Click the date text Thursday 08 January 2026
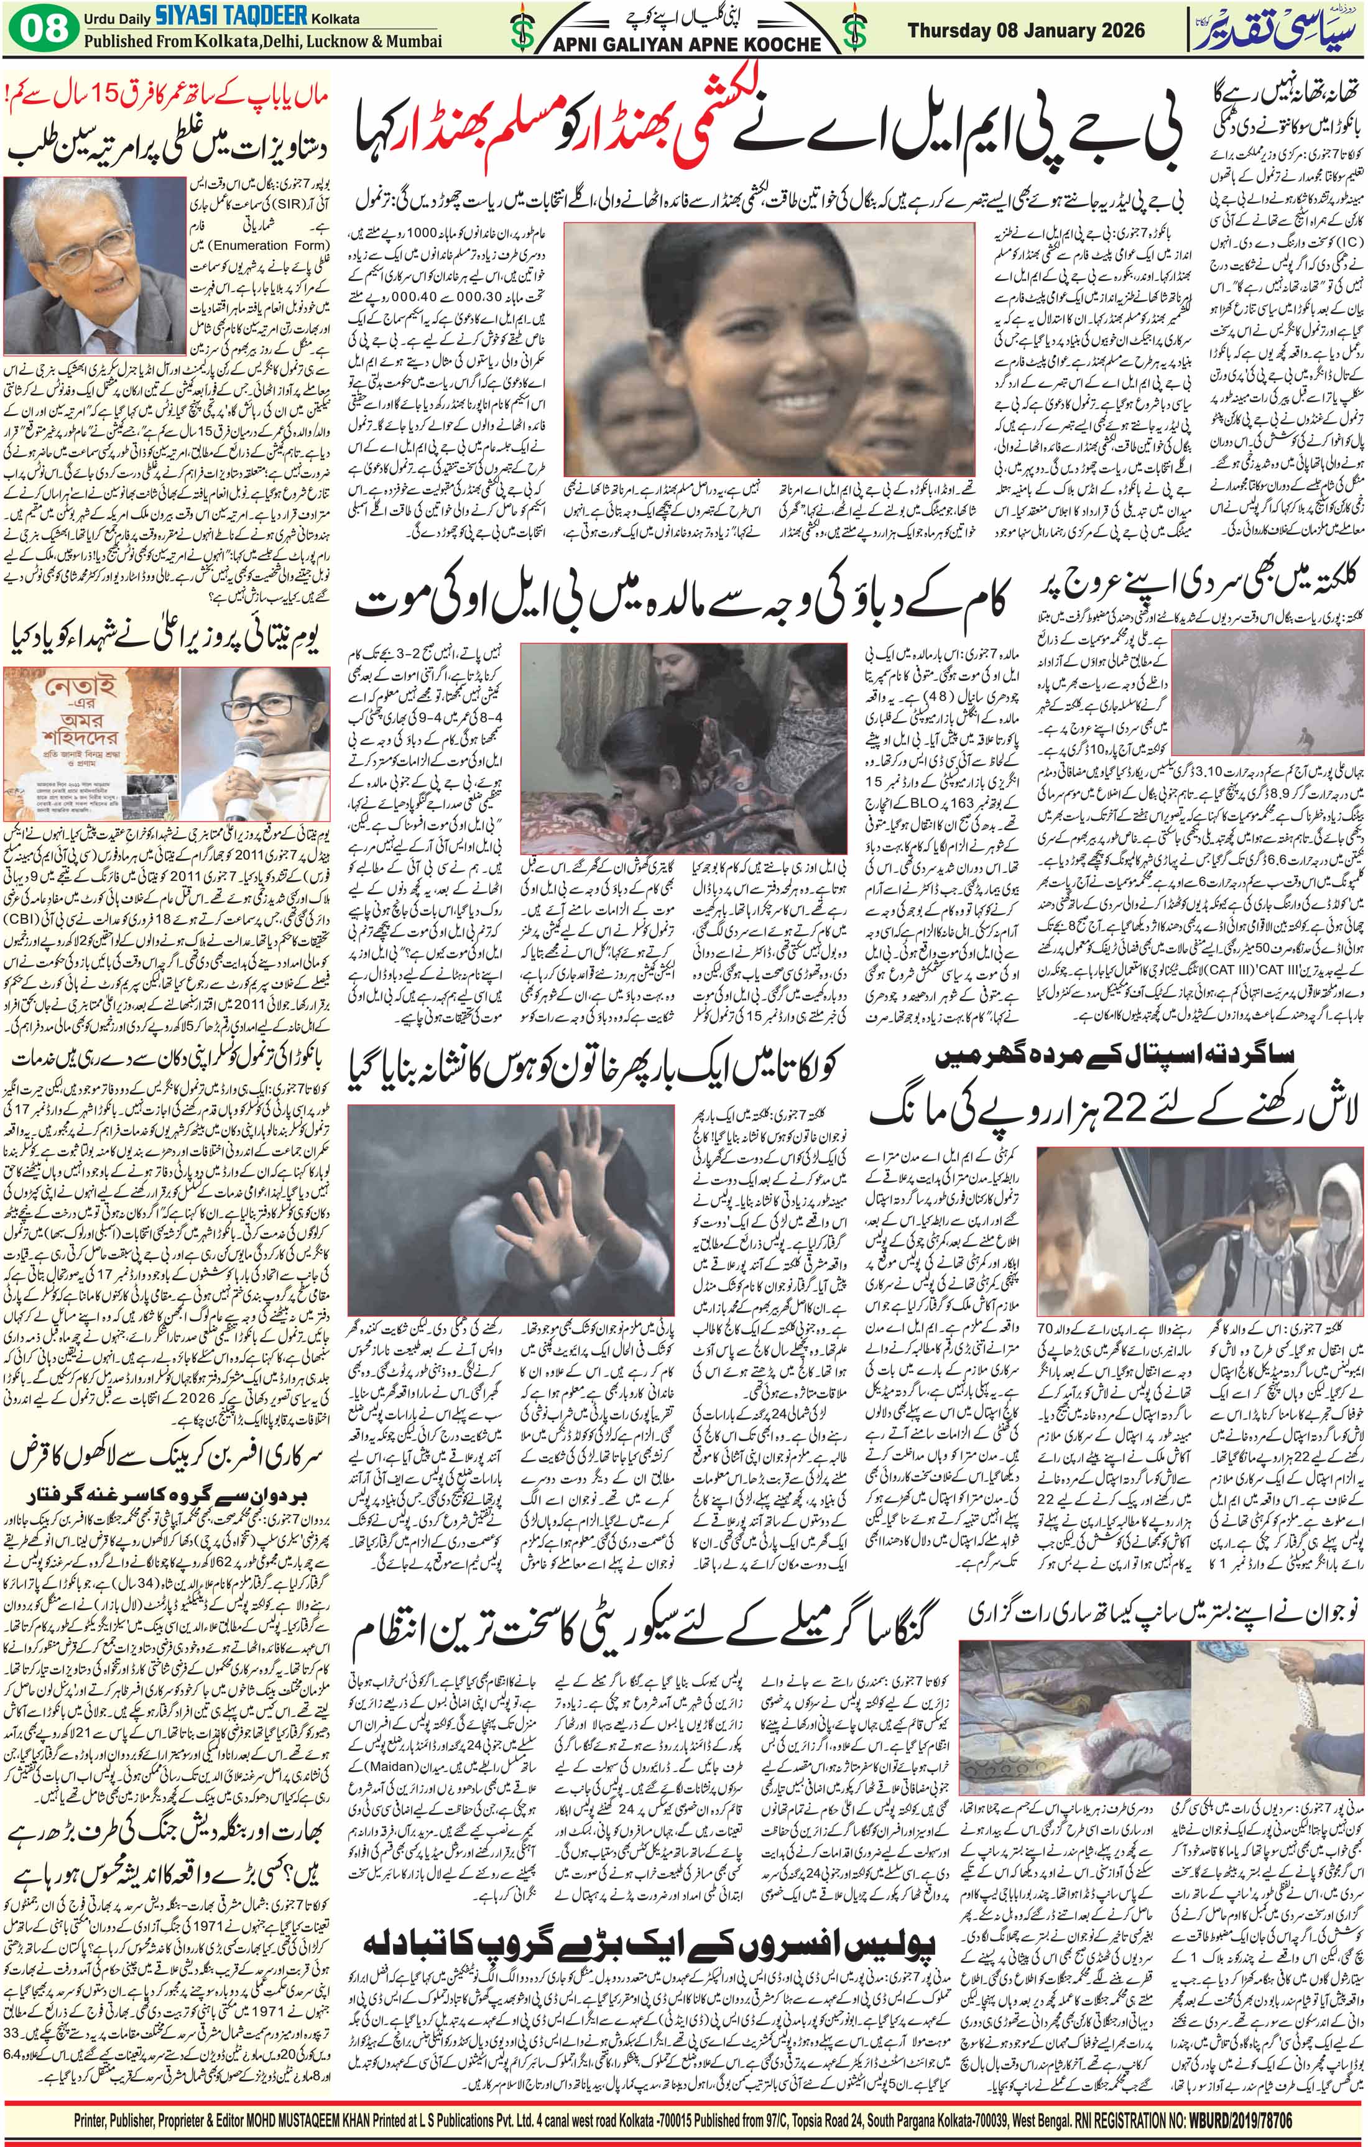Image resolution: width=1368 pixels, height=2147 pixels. pos(1025,31)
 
